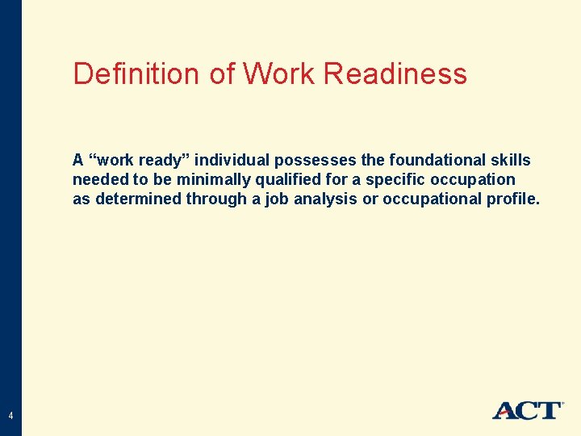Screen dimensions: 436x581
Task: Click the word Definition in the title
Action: tap(138, 74)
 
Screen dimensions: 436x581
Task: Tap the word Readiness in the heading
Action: tap(395, 74)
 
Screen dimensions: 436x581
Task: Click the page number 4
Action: tap(10, 416)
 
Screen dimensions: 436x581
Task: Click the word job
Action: tap(276, 199)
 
